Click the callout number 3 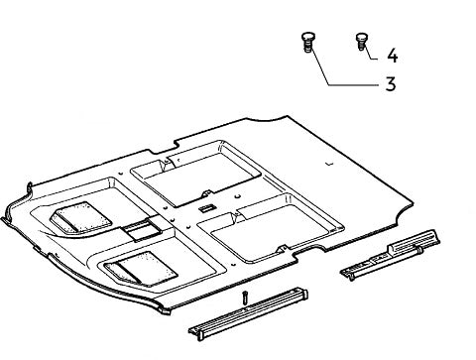point(391,84)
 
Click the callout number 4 point(393,54)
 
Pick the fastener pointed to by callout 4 point(360,41)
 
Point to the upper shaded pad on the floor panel point(78,217)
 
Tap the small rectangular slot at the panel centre point(205,208)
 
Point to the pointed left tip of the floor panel point(8,204)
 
